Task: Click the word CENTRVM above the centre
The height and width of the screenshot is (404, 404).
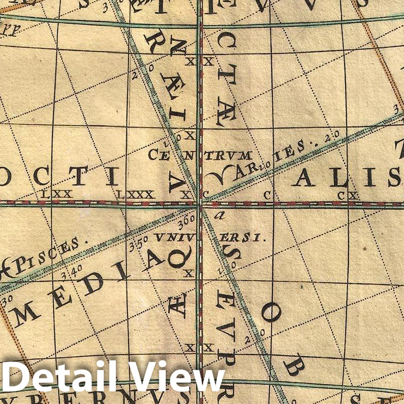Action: pos(200,155)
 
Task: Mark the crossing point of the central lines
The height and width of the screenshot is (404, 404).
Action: pos(199,204)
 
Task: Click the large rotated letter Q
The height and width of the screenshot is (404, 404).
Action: pos(176,257)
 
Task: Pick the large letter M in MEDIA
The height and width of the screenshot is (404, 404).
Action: pos(24,313)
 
